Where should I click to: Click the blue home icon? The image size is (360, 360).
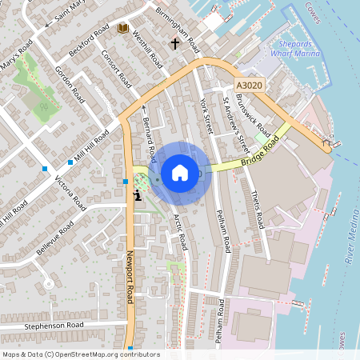(180, 172)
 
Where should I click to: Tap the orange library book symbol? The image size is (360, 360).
(122, 29)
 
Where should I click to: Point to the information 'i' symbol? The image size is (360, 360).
(138, 194)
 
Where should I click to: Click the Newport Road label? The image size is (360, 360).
(133, 276)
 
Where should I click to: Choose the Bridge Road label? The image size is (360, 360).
(262, 152)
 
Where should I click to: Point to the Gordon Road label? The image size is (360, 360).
(70, 82)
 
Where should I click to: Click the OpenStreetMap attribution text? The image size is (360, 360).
(80, 354)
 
